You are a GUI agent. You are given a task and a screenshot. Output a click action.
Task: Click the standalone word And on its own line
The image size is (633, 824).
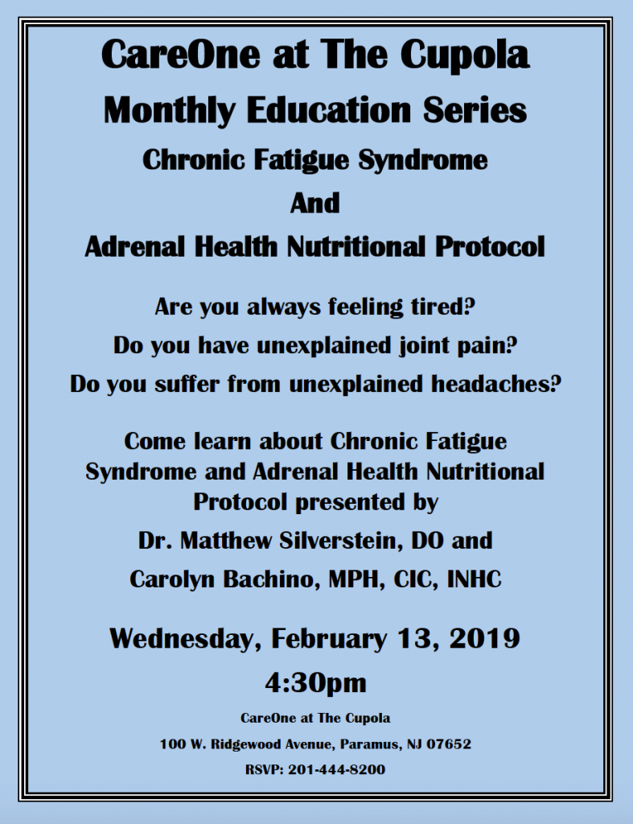point(315,204)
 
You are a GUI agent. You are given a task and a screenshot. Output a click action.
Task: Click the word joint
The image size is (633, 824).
point(425,346)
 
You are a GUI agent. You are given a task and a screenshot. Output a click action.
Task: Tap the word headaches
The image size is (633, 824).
point(496,384)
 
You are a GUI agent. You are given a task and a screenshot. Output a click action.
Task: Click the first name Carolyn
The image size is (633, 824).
point(173,579)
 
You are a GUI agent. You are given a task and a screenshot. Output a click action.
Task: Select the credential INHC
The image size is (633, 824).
point(475,579)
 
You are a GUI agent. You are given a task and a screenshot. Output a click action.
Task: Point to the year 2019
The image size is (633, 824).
point(485,638)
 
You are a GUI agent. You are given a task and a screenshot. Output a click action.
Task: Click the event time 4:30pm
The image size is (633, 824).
point(316,682)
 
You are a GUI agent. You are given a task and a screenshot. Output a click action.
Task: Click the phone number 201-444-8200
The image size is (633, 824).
point(337,770)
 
